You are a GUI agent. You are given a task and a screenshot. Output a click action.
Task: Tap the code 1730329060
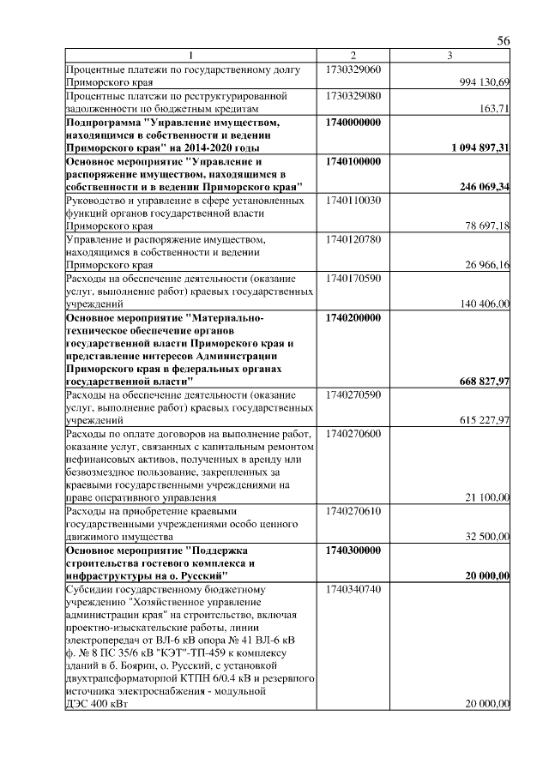coord(353,68)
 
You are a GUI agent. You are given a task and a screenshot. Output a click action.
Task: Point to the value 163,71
coord(496,109)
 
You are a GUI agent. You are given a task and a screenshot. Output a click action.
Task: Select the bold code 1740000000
coord(353,123)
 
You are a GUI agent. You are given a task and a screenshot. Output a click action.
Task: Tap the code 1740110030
coord(353,200)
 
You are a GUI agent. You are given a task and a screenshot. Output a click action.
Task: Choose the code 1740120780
coord(353,238)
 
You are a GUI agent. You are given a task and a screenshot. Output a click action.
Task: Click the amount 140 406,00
coord(486,304)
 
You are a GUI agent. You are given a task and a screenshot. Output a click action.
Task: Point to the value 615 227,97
coord(486,419)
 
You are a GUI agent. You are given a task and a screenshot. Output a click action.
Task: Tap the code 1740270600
coord(353,433)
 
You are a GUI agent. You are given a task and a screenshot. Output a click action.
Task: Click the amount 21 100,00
coord(488,497)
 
